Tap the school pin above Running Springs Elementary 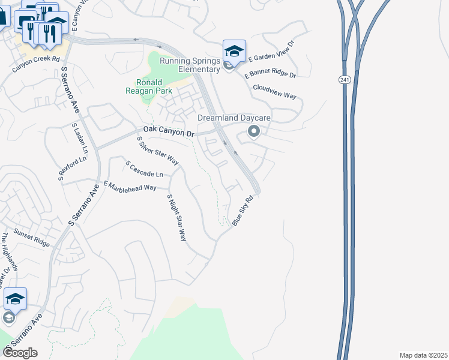[234, 50]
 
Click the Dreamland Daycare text [234, 118]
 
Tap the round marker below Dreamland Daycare [253, 132]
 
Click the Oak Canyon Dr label [169, 131]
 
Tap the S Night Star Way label [177, 217]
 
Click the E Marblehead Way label [130, 186]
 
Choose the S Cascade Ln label [144, 169]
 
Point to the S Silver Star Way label [158, 151]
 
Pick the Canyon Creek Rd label [37, 64]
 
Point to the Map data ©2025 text [423, 355]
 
